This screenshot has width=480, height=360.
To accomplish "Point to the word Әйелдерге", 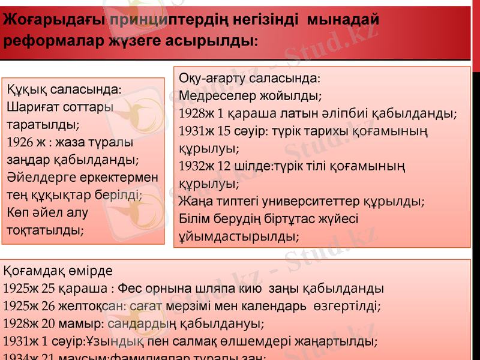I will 37,178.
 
